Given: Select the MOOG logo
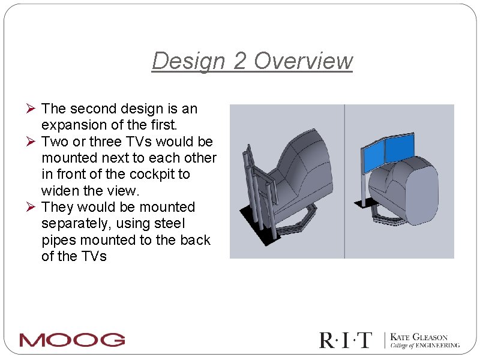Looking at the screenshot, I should click(72, 340).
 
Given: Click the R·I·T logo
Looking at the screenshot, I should click(346, 340).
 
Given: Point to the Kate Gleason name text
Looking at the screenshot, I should click(419, 337).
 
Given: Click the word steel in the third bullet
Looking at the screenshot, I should click(169, 224).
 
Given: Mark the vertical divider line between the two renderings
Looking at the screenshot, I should click(344, 180).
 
